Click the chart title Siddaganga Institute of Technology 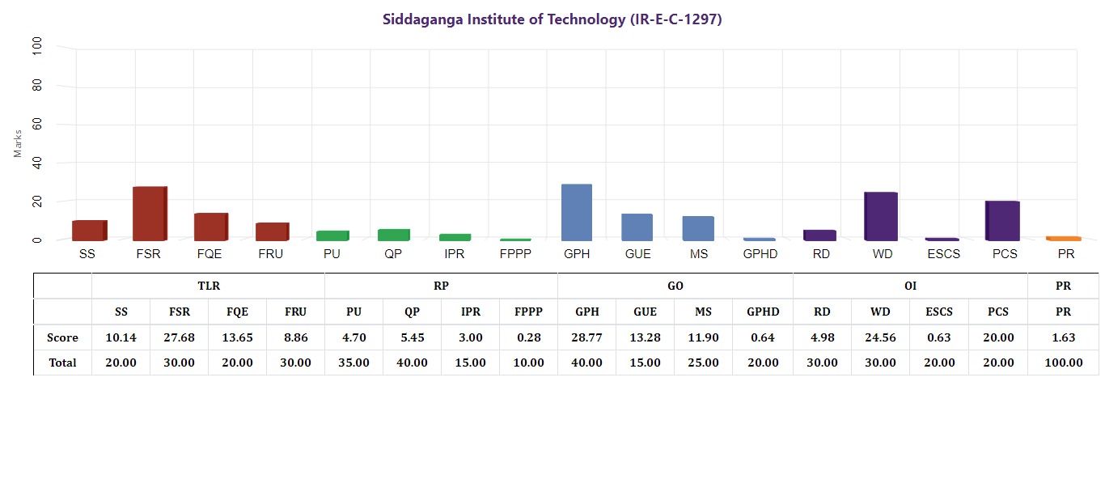tap(552, 19)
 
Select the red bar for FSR tap(150, 214)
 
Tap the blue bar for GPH tap(577, 212)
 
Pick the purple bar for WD tap(881, 216)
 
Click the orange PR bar tap(1065, 238)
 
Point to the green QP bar tap(393, 235)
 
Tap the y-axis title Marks tap(19, 142)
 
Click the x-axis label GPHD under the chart tap(760, 254)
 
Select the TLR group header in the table tap(208, 286)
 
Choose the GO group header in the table tap(675, 286)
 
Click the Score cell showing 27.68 tap(179, 337)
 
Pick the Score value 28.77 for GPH tap(586, 337)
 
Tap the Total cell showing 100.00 tap(1063, 363)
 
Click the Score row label tap(62, 337)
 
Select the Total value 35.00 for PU tap(354, 363)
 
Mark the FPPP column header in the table tap(528, 312)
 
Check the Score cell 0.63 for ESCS tap(938, 337)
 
